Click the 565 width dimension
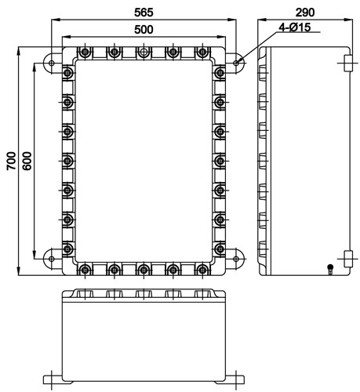pyautogui.click(x=144, y=13)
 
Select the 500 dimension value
pyautogui.click(x=144, y=30)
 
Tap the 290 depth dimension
pyautogui.click(x=305, y=13)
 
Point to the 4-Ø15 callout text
pyautogui.click(x=295, y=27)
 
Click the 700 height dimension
pyautogui.click(x=11, y=161)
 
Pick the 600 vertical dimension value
pyautogui.click(x=27, y=161)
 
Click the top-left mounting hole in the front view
pyautogui.click(x=52, y=63)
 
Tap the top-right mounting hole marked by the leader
pyautogui.click(x=236, y=63)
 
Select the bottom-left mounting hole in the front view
pyautogui.click(x=52, y=259)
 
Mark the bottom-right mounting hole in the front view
pyautogui.click(x=236, y=259)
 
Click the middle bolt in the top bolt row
pyautogui.click(x=144, y=52)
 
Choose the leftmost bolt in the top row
pyautogui.click(x=85, y=52)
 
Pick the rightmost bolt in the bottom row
pyautogui.click(x=202, y=270)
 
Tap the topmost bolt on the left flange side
pyautogui.click(x=67, y=72)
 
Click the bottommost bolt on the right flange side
pyautogui.click(x=220, y=249)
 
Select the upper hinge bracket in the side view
pyautogui.click(x=347, y=63)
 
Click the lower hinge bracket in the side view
pyautogui.click(x=347, y=259)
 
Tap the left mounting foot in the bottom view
pyautogui.click(x=53, y=379)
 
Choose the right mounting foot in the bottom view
pyautogui.click(x=235, y=379)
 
